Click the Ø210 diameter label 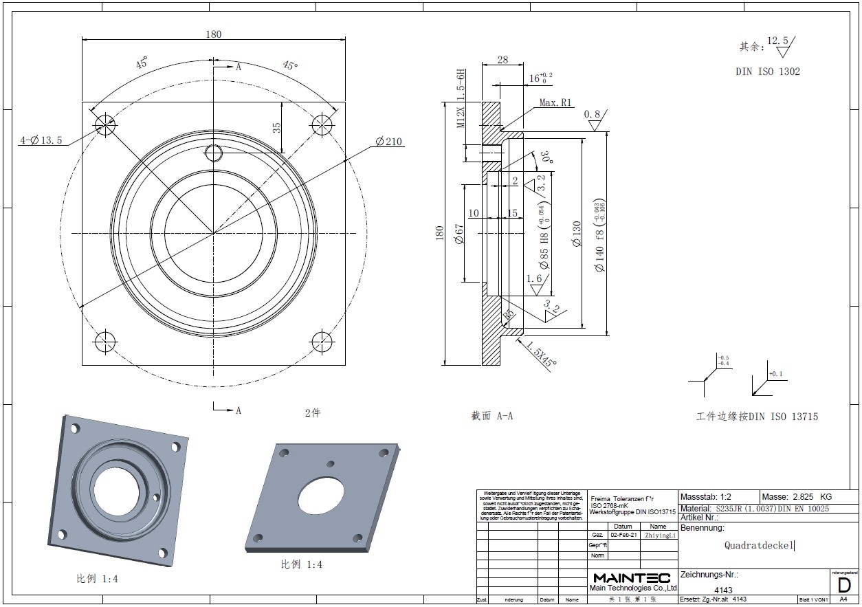click(x=389, y=142)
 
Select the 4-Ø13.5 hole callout click(x=41, y=140)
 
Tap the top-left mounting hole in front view click(x=105, y=124)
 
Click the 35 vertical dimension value click(x=277, y=128)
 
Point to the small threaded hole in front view click(x=214, y=153)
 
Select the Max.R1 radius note click(x=555, y=102)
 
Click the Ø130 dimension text click(x=576, y=234)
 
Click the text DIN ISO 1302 click(x=767, y=71)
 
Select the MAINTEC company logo click(x=632, y=577)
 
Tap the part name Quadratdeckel click(x=759, y=545)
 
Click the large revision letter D click(x=843, y=586)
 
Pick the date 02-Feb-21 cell click(x=623, y=534)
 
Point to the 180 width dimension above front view click(x=214, y=34)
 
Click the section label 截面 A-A click(x=492, y=416)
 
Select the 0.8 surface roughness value click(x=592, y=114)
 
